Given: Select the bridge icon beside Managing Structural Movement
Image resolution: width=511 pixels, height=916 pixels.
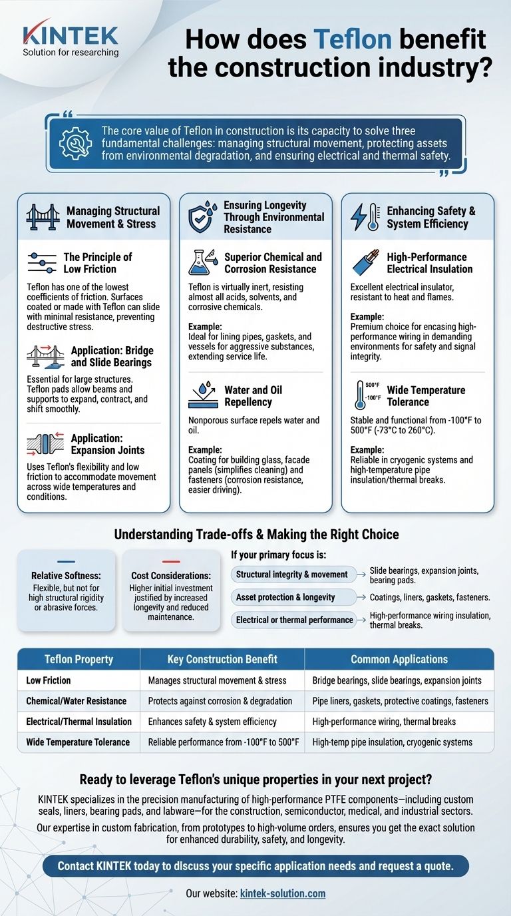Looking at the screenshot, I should (x=43, y=216).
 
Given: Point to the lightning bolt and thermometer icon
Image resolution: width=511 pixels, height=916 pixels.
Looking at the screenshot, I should (x=366, y=217).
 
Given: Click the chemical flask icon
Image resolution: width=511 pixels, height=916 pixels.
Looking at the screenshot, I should (x=203, y=263).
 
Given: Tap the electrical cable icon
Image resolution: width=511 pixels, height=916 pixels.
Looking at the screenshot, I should (x=366, y=263).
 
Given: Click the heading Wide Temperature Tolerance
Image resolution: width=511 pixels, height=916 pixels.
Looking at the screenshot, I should (x=426, y=396).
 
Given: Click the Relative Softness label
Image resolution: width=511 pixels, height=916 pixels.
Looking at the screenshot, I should (x=66, y=575).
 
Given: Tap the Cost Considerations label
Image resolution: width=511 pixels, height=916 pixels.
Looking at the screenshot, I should (x=171, y=575).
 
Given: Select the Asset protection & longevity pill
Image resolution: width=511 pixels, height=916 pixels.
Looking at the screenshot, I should (x=285, y=597).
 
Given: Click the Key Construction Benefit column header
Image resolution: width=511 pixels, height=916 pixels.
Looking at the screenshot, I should (x=222, y=659).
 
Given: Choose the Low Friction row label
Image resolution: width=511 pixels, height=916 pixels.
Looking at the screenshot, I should (x=49, y=680).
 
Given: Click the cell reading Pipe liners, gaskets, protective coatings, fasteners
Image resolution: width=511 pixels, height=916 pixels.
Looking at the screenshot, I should (x=400, y=701).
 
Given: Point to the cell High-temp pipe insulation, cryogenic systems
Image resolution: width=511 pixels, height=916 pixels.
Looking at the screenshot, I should (x=392, y=742).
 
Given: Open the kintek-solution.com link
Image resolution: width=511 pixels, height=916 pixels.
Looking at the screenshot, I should (x=282, y=893).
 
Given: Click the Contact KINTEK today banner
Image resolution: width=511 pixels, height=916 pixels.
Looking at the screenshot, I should (x=255, y=866).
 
